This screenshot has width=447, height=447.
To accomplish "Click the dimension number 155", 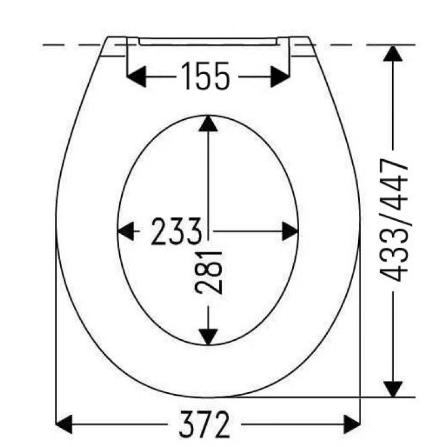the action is point(205,76).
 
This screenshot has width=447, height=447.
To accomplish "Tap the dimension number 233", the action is point(176,231).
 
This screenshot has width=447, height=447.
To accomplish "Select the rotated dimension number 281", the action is point(209,272).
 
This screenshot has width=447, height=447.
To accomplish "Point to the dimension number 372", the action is point(204,424).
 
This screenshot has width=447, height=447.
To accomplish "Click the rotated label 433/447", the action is point(394,220).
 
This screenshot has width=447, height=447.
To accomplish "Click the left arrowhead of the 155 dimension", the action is point(136,76).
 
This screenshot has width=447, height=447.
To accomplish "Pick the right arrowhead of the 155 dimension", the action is point(280,76).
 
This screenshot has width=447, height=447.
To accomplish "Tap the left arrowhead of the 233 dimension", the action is point(126,231).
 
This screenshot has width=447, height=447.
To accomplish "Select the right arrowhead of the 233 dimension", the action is point(290,231).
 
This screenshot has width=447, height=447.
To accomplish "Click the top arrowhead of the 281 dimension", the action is point(209,123).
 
